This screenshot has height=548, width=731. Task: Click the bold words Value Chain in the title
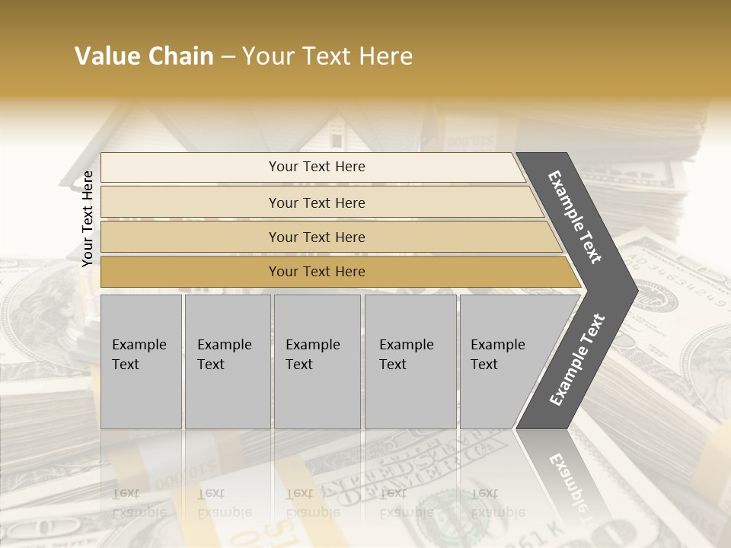144,56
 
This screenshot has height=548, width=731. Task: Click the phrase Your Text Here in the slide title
327,56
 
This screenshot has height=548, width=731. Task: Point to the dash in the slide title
228,57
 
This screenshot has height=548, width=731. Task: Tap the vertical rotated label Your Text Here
88,218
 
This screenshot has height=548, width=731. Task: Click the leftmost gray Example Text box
141,362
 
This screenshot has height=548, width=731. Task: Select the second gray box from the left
228,362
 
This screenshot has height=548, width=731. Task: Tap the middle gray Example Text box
317,362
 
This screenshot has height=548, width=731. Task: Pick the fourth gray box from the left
410,362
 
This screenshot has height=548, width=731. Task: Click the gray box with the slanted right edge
506,362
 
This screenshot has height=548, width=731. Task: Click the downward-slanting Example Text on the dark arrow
575,217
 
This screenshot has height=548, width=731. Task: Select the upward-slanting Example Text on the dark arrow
577,359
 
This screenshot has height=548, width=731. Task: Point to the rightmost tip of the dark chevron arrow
636,290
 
